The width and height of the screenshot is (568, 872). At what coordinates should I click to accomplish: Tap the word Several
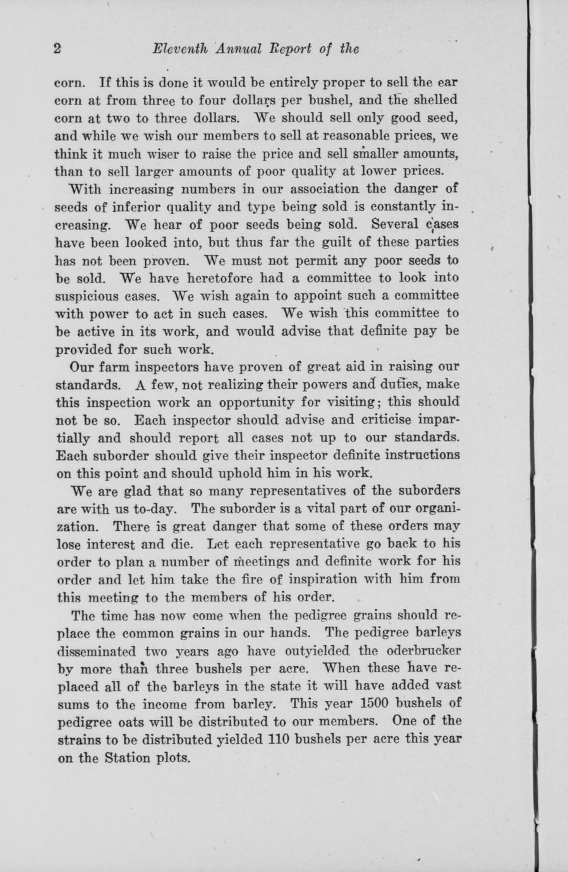click(396, 224)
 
